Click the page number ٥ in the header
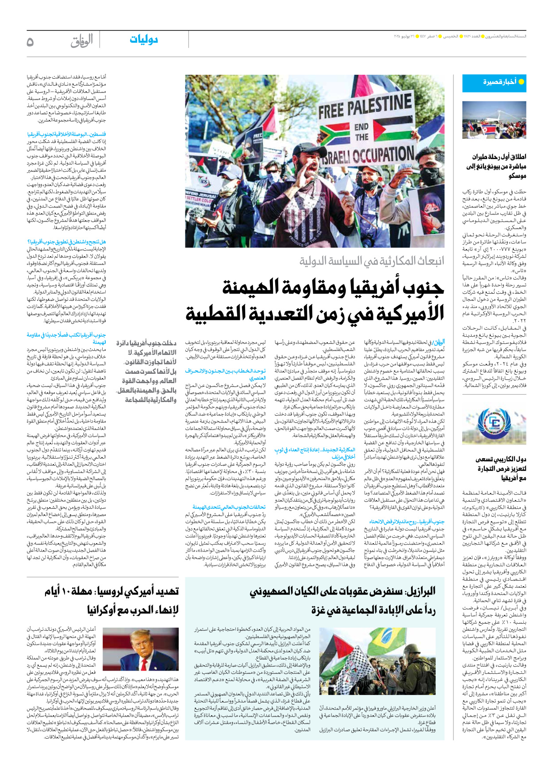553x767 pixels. [x=30, y=42]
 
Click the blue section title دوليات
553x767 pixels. [x=144, y=40]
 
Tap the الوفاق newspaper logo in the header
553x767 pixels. [x=81, y=41]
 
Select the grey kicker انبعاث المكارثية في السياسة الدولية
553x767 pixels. [x=372, y=261]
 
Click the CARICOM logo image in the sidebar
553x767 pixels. [x=494, y=425]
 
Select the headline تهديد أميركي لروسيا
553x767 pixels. [x=112, y=601]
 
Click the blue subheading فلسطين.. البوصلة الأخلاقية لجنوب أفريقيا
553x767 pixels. [x=66, y=134]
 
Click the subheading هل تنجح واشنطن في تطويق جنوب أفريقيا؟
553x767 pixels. [x=66, y=242]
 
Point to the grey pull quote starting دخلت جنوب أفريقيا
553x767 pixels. [x=146, y=372]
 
